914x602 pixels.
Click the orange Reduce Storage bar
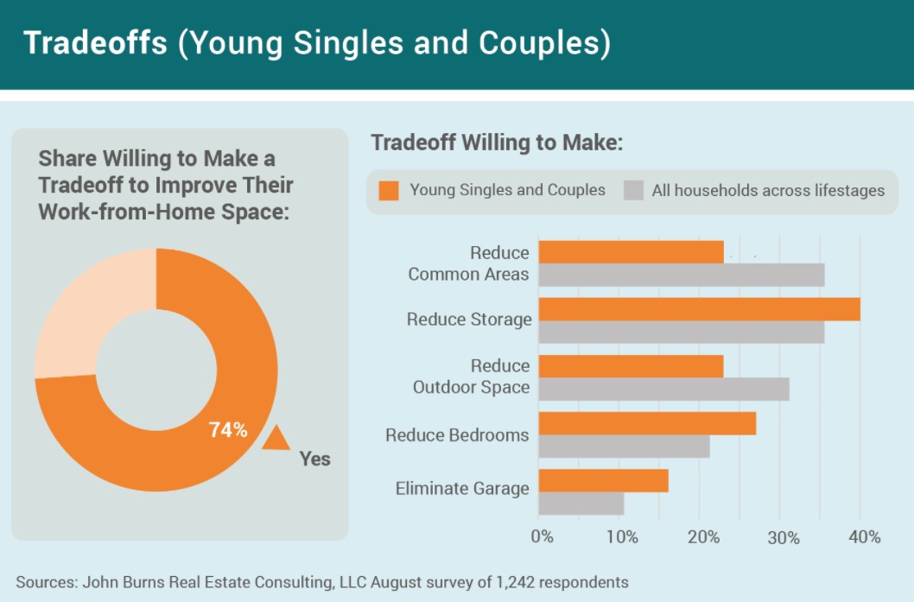coord(700,309)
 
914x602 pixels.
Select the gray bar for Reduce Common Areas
coord(682,275)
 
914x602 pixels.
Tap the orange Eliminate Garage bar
coord(603,481)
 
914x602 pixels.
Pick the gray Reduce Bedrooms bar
coord(625,447)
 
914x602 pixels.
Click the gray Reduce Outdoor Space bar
coord(664,390)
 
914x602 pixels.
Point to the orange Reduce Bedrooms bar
coord(647,424)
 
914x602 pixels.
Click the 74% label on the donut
coord(228,430)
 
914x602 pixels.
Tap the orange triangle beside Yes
coord(276,438)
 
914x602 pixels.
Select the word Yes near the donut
coord(314,459)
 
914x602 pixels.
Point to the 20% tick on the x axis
coord(703,536)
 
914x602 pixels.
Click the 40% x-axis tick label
coord(865,536)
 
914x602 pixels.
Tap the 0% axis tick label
coord(542,536)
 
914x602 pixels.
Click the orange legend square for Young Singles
coord(389,191)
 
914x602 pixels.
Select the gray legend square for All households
coord(633,191)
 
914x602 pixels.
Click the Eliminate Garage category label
coord(462,488)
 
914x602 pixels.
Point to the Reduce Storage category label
coord(469,320)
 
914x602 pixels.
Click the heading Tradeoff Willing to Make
coord(498,143)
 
